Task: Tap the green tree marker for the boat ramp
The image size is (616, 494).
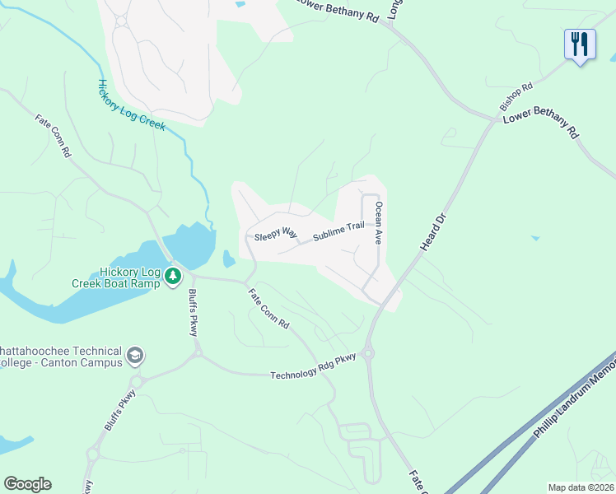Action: pos(173,276)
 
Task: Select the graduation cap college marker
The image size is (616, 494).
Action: pos(135,357)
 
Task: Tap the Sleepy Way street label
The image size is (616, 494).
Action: pos(276,235)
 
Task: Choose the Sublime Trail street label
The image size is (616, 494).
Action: pos(338,232)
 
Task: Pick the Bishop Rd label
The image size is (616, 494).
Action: pos(516,96)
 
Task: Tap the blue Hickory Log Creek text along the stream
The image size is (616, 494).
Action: pos(131,105)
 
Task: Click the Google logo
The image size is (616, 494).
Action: pos(27,484)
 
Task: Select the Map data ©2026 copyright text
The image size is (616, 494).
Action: pos(580,487)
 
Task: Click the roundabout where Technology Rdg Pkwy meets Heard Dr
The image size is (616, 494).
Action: pos(367,354)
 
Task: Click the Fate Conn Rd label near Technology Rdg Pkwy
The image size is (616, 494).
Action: pos(268,306)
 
